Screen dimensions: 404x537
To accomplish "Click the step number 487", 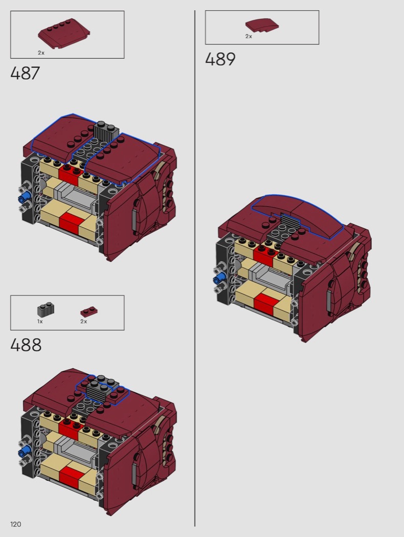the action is tap(25, 73).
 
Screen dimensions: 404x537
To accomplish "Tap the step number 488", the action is tap(26, 345).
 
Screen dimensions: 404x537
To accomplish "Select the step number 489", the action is tap(220, 59).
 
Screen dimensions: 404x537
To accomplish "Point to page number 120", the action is tap(16, 524).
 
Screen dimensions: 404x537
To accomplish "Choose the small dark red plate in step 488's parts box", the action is tap(89, 311).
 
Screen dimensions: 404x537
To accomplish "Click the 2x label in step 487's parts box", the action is tap(41, 53).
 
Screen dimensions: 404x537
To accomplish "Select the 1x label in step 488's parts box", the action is tap(40, 321).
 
